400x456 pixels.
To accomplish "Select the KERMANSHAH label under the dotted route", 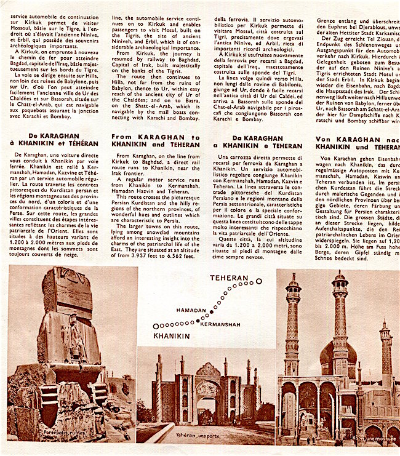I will [x=220, y=324].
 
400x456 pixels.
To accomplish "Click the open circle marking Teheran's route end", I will [x=259, y=281].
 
